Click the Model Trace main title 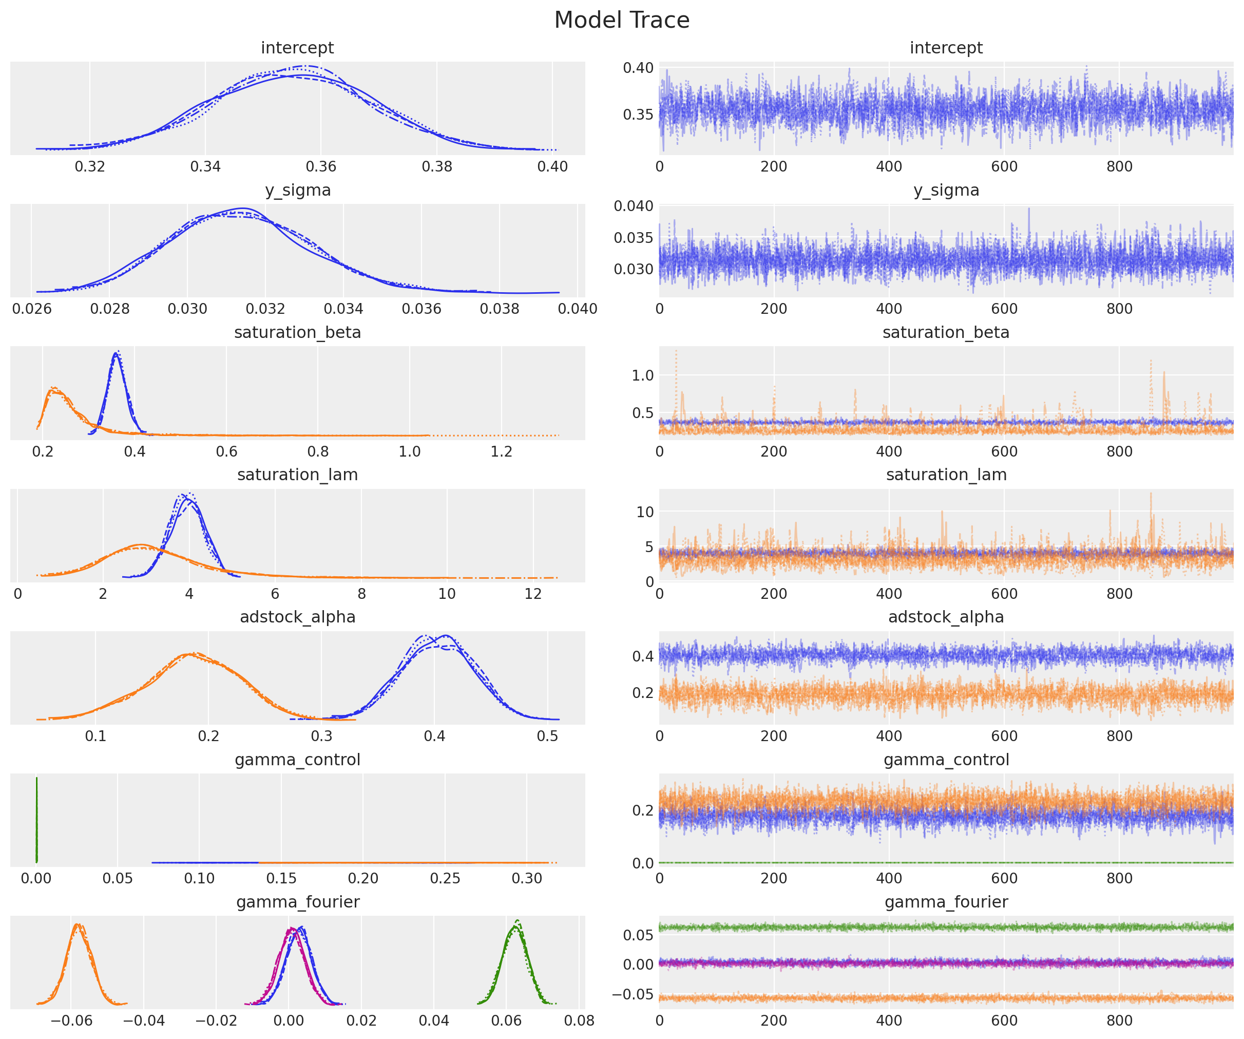tap(621, 20)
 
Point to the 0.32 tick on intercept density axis tap(90, 166)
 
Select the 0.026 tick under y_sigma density tap(32, 309)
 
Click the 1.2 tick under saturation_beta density tap(501, 451)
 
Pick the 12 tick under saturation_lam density tap(533, 594)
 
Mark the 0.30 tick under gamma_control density tap(527, 878)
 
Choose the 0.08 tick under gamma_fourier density tap(579, 1021)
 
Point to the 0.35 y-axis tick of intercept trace tap(638, 115)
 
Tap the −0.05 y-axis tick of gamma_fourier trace tap(633, 994)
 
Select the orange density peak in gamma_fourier tap(78, 925)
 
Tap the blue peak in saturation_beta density tap(117, 353)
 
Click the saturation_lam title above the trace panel tap(946, 475)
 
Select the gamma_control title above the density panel tap(297, 760)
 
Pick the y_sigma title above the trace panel tap(946, 190)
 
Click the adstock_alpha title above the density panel tap(297, 617)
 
